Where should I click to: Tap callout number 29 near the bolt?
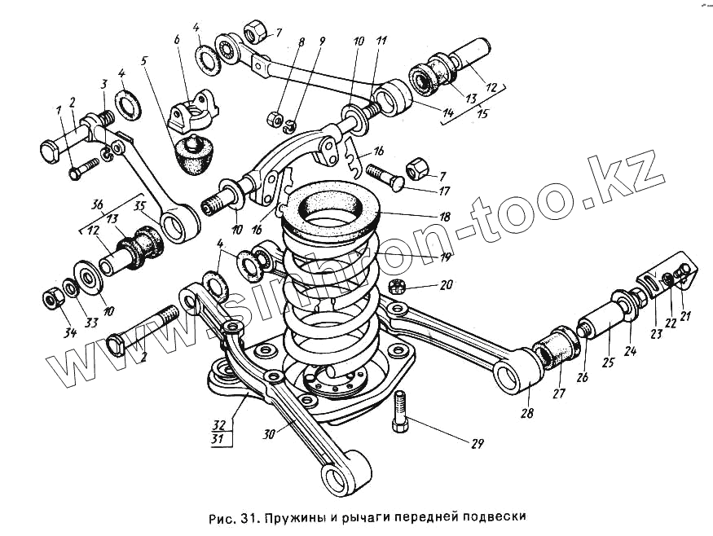[477, 444]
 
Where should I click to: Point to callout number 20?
[446, 287]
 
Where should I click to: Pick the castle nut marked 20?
[400, 286]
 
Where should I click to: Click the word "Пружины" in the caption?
[300, 516]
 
